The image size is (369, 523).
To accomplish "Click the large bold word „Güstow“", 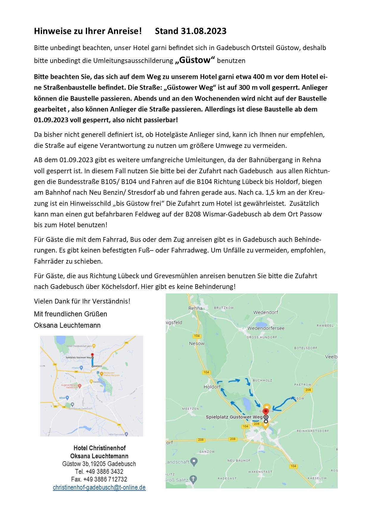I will (195, 60).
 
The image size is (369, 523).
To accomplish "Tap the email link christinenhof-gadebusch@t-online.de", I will (99, 487).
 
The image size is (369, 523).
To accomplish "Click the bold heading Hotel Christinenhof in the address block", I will (99, 448).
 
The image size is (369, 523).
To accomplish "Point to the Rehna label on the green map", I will (195, 308).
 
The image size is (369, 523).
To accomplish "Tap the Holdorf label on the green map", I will (212, 387).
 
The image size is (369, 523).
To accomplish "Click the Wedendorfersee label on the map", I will (266, 328).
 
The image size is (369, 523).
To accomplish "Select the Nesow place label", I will (197, 343).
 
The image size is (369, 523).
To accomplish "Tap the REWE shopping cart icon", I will (67, 398).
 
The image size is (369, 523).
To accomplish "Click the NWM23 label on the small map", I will (98, 366).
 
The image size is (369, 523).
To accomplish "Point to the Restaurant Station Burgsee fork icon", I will (101, 374).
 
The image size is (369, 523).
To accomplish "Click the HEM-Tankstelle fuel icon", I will (126, 434).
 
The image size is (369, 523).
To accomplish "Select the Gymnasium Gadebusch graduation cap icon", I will (72, 405).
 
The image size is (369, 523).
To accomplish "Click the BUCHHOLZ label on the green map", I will (262, 380).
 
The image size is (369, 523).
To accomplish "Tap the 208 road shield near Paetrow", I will (308, 390).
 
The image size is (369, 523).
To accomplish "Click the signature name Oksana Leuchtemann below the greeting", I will (67, 325).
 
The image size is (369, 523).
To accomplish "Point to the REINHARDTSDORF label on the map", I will (312, 431).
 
